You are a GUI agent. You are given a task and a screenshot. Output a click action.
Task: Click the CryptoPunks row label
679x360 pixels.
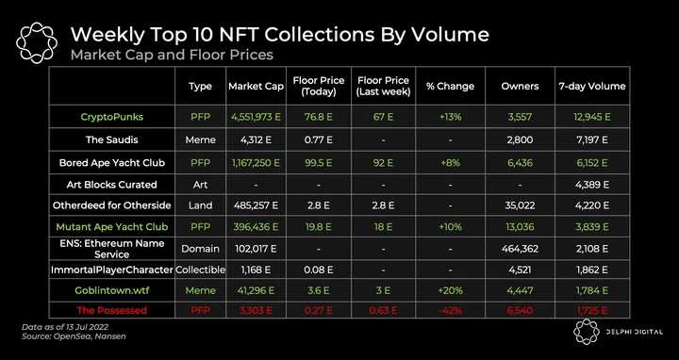tap(111, 117)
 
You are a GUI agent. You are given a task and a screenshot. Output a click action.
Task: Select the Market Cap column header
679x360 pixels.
tap(256, 86)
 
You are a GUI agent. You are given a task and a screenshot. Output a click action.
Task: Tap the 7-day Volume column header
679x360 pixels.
tap(592, 86)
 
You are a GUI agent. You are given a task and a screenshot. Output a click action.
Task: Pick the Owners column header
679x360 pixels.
tap(520, 86)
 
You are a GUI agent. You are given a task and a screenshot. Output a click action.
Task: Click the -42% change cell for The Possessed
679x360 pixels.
tap(450, 310)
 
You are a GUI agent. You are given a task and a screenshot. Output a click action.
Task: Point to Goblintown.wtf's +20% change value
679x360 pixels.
tap(450, 290)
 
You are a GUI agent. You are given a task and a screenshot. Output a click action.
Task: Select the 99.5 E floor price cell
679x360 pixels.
tap(319, 163)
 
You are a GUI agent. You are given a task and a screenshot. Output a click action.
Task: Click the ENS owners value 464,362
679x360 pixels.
tap(520, 249)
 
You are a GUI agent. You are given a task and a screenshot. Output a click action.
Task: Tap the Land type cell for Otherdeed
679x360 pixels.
tap(201, 205)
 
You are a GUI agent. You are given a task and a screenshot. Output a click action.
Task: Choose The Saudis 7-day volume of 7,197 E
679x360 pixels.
tap(592, 140)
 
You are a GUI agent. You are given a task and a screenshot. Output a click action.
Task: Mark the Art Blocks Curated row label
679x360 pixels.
tap(111, 185)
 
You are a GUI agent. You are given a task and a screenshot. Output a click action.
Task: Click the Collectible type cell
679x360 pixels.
tap(201, 270)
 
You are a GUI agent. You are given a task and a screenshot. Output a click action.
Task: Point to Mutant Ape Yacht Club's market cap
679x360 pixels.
tap(256, 227)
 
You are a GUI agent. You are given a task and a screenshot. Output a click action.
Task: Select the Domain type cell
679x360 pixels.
tap(201, 249)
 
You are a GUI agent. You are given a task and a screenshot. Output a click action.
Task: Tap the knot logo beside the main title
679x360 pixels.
tap(37, 42)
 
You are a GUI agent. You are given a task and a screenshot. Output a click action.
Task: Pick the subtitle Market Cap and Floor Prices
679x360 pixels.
tap(172, 55)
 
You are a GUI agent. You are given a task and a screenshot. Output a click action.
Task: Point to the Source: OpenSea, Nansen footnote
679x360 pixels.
tap(74, 335)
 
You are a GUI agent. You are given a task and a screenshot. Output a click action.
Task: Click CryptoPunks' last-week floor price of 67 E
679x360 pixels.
tap(383, 117)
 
